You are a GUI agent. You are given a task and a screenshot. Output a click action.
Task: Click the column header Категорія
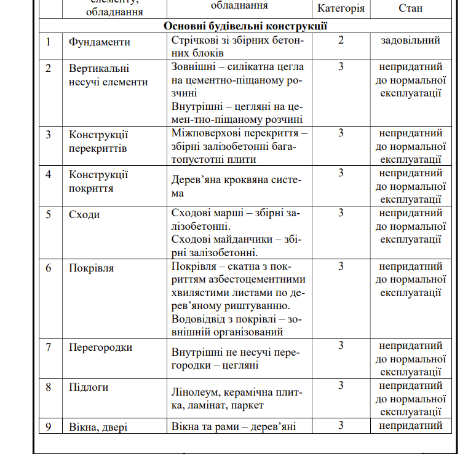pyautogui.click(x=341, y=9)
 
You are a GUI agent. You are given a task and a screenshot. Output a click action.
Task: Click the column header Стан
pyautogui.click(x=410, y=9)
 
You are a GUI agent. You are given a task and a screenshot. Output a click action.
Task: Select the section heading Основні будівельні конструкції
pyautogui.click(x=245, y=26)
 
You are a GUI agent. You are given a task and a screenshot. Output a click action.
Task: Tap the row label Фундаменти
pyautogui.click(x=100, y=42)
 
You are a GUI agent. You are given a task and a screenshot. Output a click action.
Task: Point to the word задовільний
pyautogui.click(x=410, y=41)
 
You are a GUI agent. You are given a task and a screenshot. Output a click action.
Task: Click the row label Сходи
pyautogui.click(x=84, y=214)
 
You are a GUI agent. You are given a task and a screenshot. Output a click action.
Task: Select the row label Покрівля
pyautogui.click(x=91, y=268)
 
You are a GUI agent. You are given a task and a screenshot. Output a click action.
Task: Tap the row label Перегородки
pyautogui.click(x=100, y=347)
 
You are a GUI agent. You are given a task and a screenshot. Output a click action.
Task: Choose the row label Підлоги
pyautogui.click(x=89, y=387)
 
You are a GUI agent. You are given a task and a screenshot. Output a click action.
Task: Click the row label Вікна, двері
pyautogui.click(x=98, y=427)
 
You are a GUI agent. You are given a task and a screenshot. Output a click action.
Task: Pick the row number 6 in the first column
pyautogui.click(x=49, y=268)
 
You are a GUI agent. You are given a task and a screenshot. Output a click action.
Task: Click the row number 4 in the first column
pyautogui.click(x=49, y=174)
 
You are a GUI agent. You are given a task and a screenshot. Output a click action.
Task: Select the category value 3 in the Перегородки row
pyautogui.click(x=341, y=346)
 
